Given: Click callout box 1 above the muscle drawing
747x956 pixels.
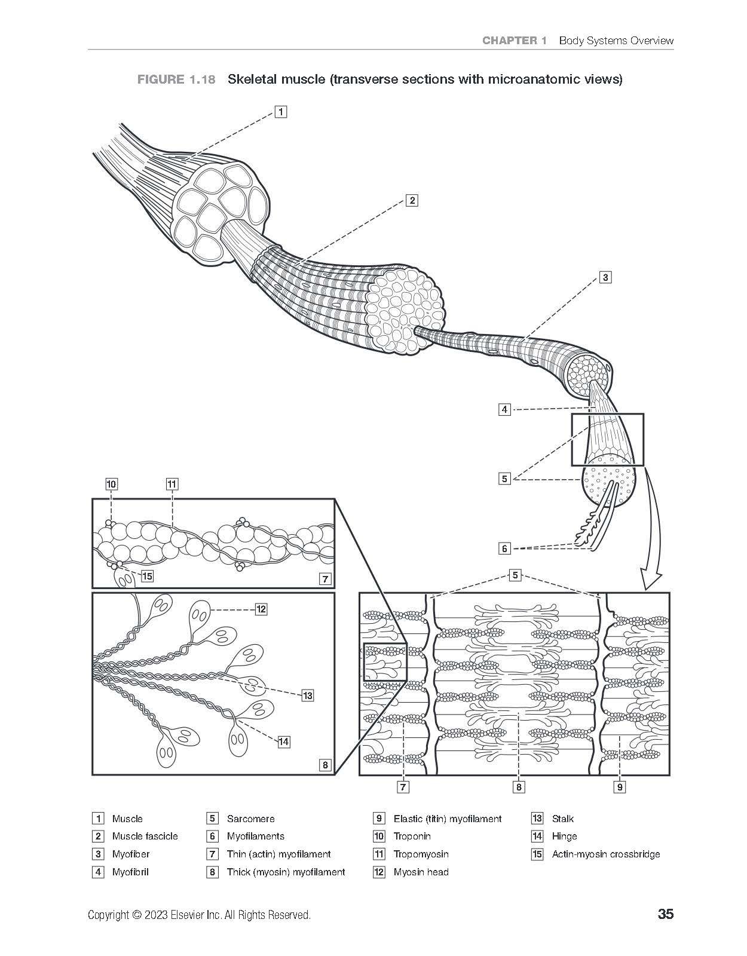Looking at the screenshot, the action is tap(281, 112).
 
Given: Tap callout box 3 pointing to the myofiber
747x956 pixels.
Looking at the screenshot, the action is tap(605, 277).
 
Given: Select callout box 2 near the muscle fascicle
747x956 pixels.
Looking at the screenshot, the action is tap(412, 200).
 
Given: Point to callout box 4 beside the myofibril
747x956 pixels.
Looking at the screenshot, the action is tap(504, 409).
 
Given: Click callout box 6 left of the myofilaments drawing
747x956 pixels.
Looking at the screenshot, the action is tap(504, 548).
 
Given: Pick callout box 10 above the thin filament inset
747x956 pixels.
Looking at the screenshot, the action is tap(111, 485).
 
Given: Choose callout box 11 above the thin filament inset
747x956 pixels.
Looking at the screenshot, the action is tap(172, 485).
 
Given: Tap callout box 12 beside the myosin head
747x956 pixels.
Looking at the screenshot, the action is tap(261, 609).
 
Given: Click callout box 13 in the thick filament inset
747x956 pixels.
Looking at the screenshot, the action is tap(308, 695).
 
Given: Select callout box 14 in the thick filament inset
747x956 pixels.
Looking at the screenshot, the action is tap(284, 741).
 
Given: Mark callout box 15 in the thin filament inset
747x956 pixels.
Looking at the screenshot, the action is tap(148, 576).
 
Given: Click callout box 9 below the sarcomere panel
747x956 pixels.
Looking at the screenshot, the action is tap(620, 787).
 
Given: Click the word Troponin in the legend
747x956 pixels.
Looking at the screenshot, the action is tap(412, 836).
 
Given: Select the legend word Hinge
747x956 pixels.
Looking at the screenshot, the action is tap(564, 836).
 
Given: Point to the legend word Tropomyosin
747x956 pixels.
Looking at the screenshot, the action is tap(421, 854).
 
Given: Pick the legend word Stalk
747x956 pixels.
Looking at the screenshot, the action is tap(563, 819).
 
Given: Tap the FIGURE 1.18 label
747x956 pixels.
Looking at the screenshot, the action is tap(176, 79).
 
